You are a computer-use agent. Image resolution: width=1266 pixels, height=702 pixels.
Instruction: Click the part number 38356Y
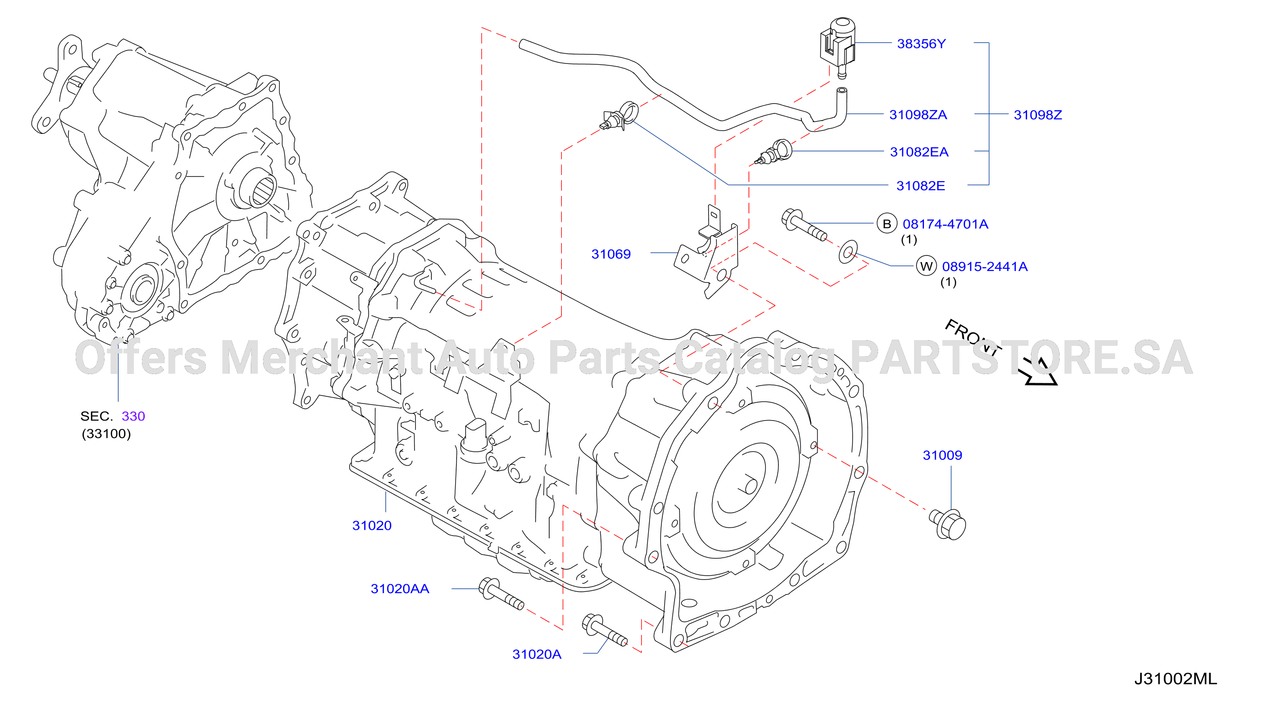pos(921,44)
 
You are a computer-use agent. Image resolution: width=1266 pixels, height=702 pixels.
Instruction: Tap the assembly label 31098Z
pos(1037,114)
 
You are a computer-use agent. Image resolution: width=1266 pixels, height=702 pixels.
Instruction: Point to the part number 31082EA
pos(919,152)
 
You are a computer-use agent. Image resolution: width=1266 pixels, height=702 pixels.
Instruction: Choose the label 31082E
pos(921,186)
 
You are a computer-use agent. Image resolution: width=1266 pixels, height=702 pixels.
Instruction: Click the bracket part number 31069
pos(611,254)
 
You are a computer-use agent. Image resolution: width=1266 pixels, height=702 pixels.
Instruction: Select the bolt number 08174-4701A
pos(945,224)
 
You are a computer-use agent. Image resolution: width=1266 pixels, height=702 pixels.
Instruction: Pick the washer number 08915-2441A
pos(985,266)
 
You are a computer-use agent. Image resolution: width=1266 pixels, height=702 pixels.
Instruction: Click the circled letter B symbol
pos(887,224)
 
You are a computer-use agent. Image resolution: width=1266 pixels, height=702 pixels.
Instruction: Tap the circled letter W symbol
pos(926,266)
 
